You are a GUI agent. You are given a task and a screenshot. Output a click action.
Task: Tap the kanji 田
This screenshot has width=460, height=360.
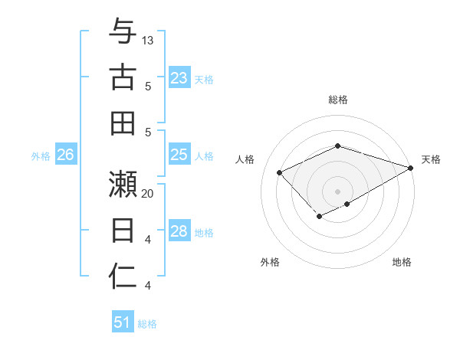(123, 123)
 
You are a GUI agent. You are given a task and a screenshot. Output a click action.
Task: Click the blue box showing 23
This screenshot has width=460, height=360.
(179, 78)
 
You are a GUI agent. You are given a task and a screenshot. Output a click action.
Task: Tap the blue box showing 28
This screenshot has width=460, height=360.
(179, 232)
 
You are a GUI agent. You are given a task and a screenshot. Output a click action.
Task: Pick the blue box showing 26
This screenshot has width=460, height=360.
(65, 155)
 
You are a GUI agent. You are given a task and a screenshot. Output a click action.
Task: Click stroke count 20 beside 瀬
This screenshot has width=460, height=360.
(148, 194)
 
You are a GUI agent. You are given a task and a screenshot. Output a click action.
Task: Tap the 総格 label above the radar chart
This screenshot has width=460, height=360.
(338, 100)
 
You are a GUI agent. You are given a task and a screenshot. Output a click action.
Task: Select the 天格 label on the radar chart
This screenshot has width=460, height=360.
(431, 159)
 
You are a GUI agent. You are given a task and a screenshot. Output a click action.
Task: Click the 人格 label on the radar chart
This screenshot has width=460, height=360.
(245, 159)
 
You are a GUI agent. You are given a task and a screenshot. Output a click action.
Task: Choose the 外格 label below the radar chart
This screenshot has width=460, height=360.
(270, 262)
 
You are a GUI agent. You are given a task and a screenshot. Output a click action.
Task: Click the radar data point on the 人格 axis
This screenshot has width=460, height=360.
(280, 173)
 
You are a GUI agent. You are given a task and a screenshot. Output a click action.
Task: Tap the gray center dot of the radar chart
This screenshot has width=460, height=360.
(338, 191)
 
